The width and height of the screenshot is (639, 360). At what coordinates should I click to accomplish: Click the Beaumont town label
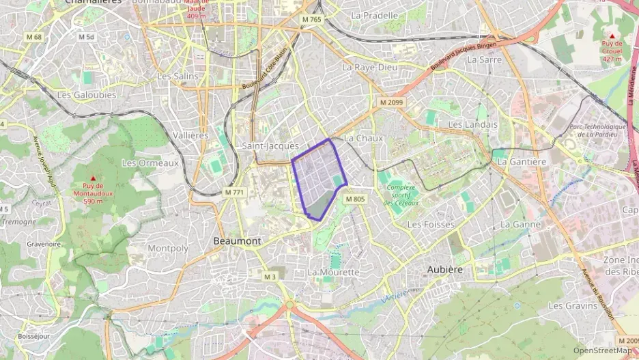pos(237,241)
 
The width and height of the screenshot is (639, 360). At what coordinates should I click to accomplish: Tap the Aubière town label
pos(444,270)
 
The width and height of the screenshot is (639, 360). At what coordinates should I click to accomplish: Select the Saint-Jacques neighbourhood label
pos(270,146)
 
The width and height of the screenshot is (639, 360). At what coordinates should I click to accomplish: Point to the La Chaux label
pos(363,138)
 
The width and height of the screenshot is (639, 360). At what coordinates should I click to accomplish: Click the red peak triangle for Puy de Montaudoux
pos(93,178)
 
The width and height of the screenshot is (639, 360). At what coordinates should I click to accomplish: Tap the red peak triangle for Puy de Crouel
pos(612,36)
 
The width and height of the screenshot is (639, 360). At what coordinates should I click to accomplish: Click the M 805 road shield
pos(356,199)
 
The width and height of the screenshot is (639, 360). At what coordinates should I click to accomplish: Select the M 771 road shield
pos(233,193)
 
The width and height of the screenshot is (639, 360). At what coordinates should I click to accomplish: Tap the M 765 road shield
pos(311,20)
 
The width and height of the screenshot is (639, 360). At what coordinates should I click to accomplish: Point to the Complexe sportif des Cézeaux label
pos(406,194)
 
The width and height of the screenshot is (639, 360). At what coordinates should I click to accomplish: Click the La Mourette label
pos(333,272)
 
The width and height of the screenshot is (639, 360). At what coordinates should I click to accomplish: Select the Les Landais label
pos(473,124)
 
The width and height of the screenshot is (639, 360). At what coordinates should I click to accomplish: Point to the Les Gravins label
pos(573,305)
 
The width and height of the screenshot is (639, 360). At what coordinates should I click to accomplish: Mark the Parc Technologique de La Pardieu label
pos(597,130)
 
